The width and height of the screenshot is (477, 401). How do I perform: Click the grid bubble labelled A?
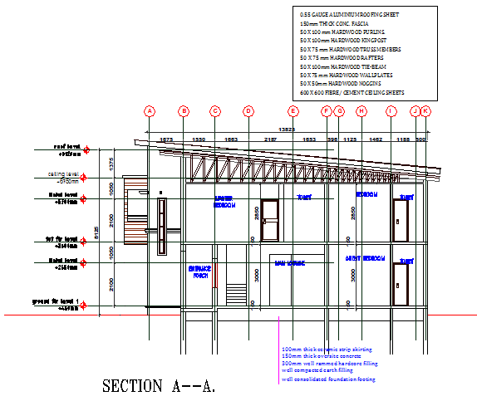[x=150, y=110]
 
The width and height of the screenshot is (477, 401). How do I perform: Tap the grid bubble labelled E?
[x=293, y=110]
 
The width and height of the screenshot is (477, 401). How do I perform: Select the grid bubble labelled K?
[x=425, y=110]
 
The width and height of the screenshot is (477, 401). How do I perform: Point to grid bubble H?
[x=361, y=110]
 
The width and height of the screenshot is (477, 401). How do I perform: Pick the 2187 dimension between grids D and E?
[x=270, y=139]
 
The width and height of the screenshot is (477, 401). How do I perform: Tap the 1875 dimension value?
[x=166, y=139]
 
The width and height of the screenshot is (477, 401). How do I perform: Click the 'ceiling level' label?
[x=63, y=174]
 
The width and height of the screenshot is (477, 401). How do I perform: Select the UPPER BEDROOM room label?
[x=224, y=201]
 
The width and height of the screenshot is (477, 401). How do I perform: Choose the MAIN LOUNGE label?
[x=290, y=264]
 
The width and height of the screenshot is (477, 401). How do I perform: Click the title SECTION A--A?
[x=158, y=386]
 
